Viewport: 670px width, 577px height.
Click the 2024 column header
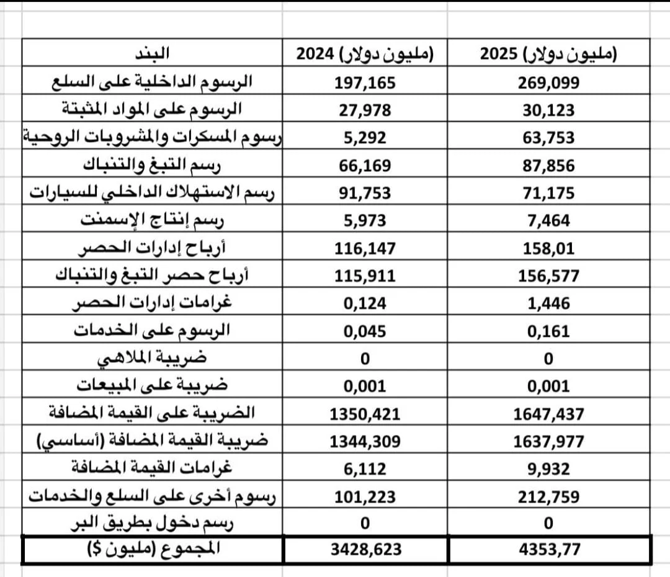pyautogui.click(x=364, y=53)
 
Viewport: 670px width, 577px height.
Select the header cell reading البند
pyautogui.click(x=153, y=53)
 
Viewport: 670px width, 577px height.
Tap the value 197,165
pyautogui.click(x=365, y=83)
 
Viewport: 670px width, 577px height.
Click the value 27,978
pyautogui.click(x=365, y=110)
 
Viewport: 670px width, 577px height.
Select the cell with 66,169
pyautogui.click(x=365, y=166)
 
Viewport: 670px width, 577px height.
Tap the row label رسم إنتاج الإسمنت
pyautogui.click(x=153, y=220)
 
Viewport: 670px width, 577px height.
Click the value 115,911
pyautogui.click(x=365, y=276)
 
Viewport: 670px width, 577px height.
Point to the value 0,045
pyautogui.click(x=365, y=331)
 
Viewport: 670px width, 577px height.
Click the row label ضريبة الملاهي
pyautogui.click(x=153, y=359)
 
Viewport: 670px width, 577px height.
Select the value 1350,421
pyautogui.click(x=365, y=414)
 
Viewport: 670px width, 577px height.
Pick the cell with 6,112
pyautogui.click(x=365, y=469)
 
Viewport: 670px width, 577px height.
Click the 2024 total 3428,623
pyautogui.click(x=365, y=550)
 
